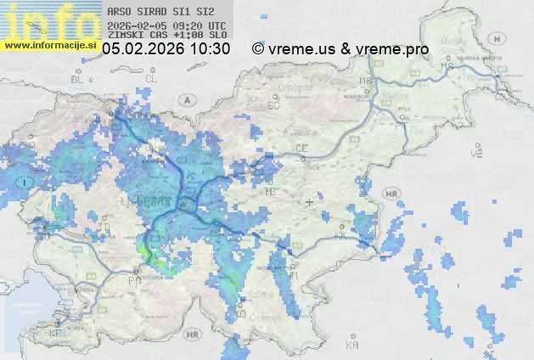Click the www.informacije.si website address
pyautogui.click(x=50, y=45)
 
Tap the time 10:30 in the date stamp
pyautogui.click(x=210, y=49)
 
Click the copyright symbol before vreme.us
pyautogui.click(x=258, y=49)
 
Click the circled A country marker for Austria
pyautogui.click(x=185, y=99)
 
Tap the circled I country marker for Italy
pyautogui.click(x=27, y=181)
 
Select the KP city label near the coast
pyautogui.click(x=56, y=333)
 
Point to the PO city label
pyautogui.click(x=133, y=279)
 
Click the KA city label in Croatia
pyautogui.click(x=352, y=346)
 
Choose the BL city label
pyautogui.click(x=79, y=79)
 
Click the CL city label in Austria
pyautogui.click(x=151, y=78)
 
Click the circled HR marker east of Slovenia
pyautogui.click(x=391, y=194)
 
